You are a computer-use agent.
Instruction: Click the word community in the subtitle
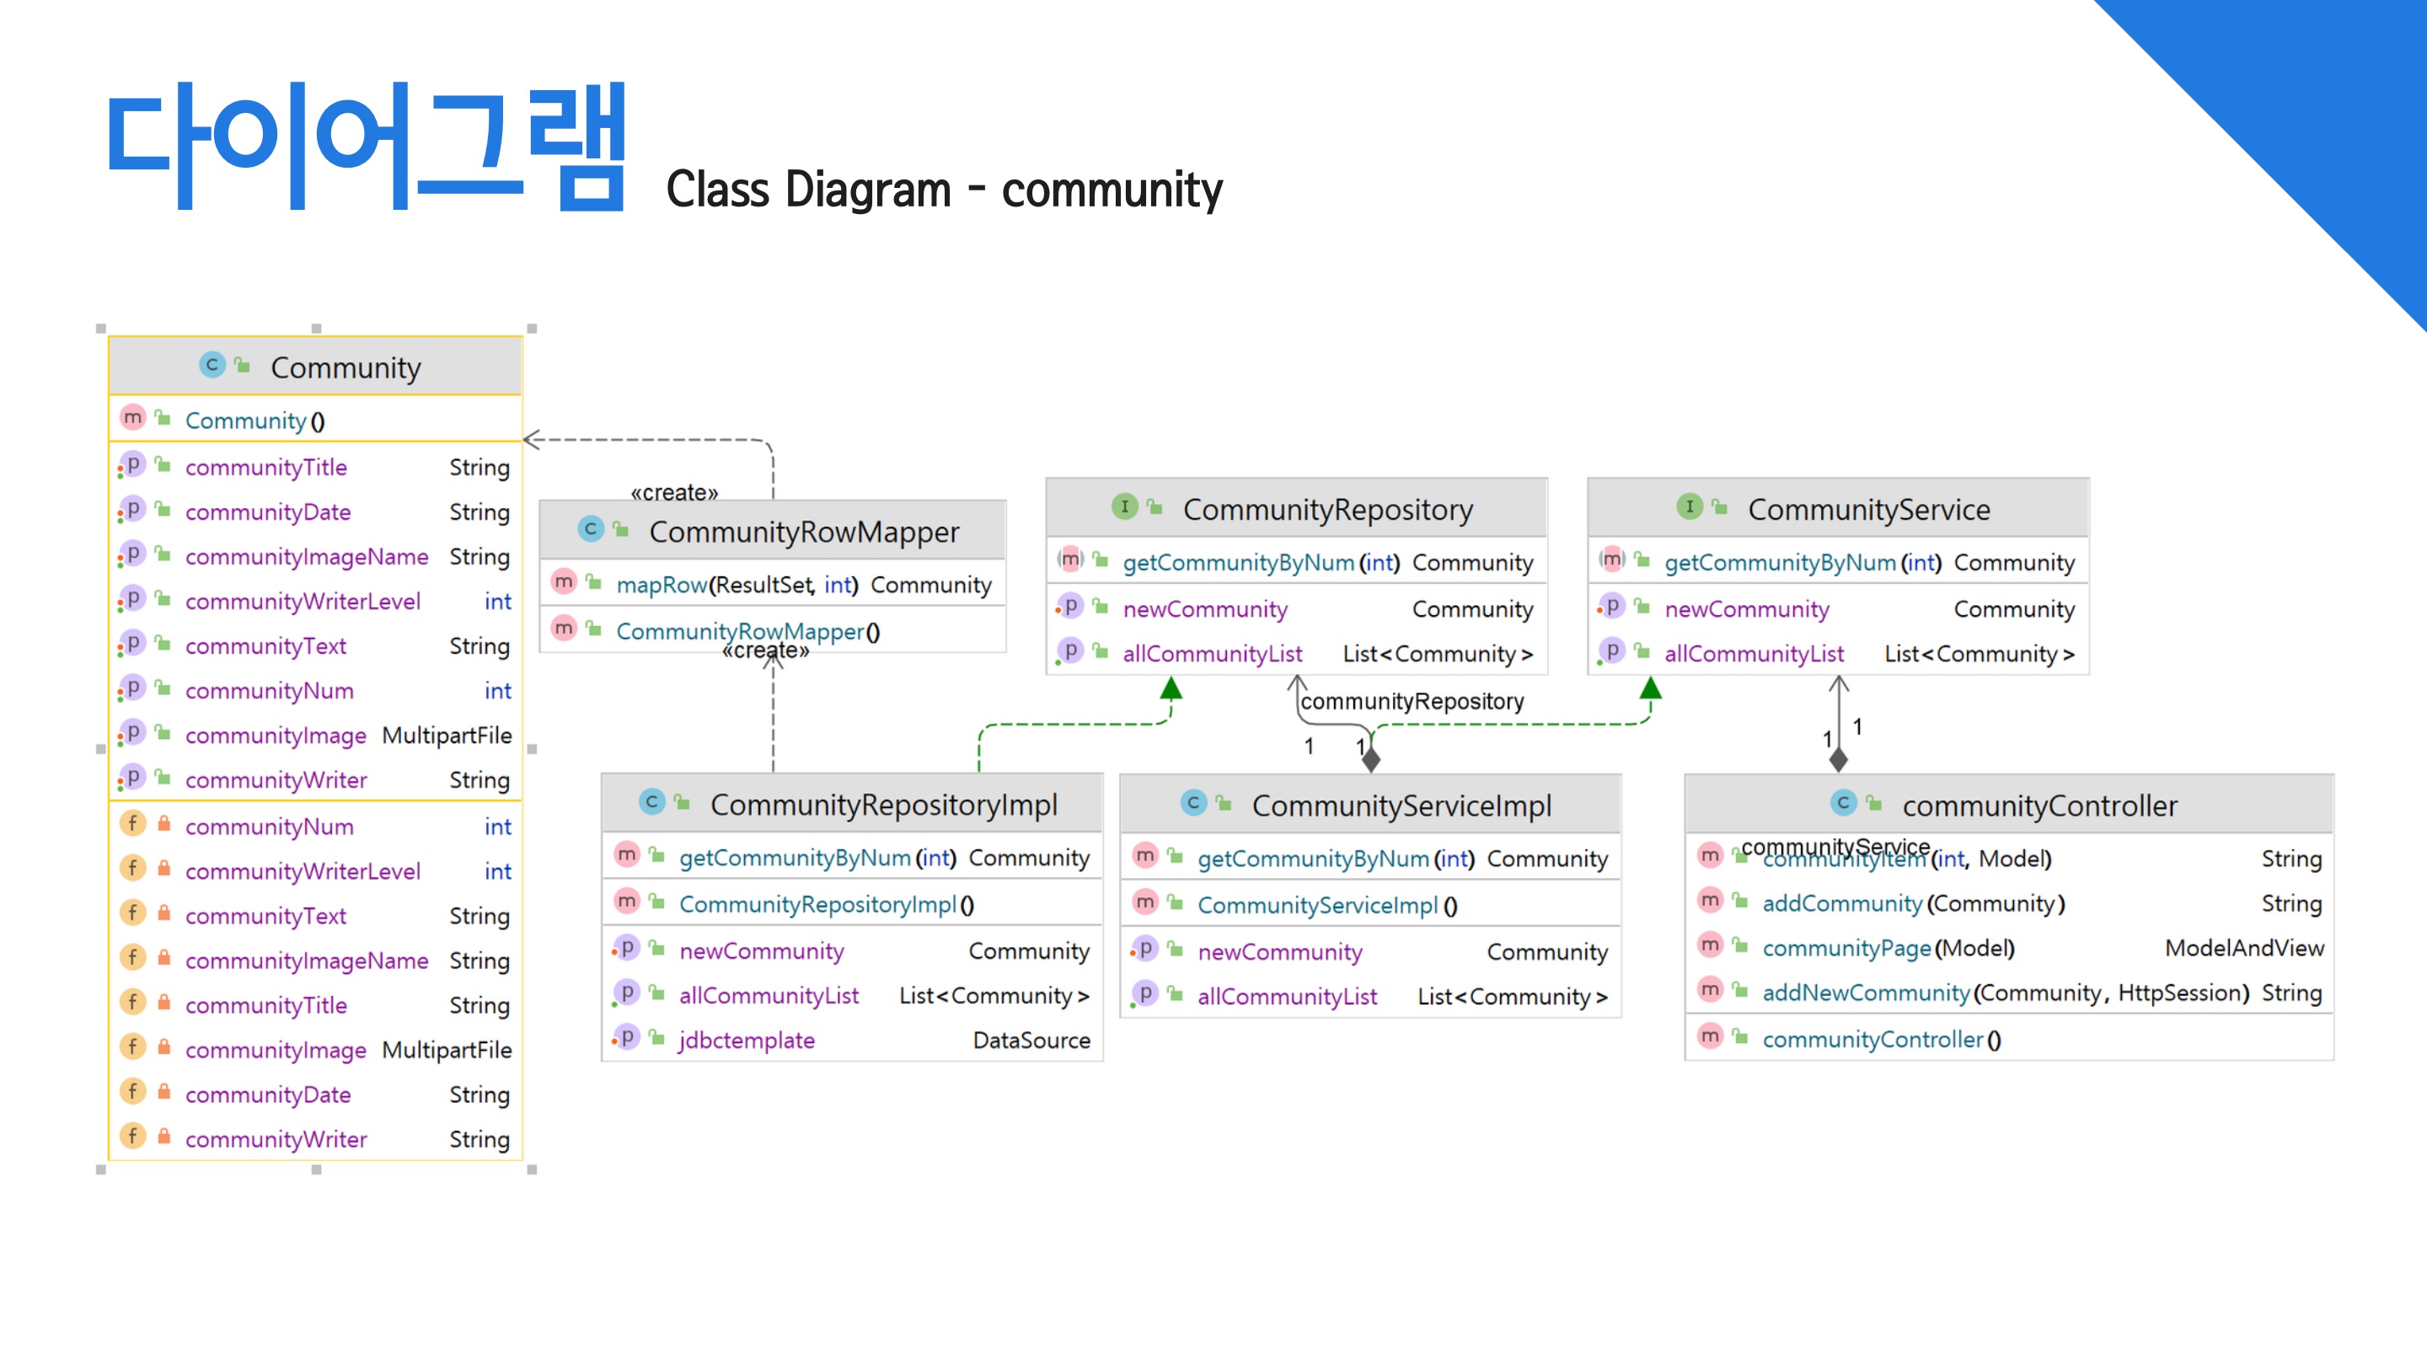(1112, 190)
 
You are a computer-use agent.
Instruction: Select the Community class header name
(346, 367)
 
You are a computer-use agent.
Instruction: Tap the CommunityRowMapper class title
(804, 533)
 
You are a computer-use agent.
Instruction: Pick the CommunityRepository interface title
(1327, 510)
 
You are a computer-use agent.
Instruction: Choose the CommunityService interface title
(1868, 510)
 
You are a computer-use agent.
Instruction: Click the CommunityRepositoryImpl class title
(884, 806)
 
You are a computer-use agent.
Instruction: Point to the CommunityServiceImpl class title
(1401, 806)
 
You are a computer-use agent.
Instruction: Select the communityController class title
(2039, 806)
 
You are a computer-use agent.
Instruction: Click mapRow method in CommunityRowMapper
(662, 585)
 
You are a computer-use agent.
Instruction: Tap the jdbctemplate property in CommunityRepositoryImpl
(746, 1041)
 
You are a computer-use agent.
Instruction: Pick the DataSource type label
(1031, 1041)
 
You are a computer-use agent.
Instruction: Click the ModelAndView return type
(2243, 949)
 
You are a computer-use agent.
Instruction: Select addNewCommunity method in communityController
(1866, 993)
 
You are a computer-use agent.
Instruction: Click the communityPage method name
(1846, 949)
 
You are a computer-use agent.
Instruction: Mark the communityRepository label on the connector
(1412, 702)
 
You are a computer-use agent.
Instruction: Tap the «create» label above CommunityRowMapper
(673, 493)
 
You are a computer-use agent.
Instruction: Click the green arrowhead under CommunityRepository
(1171, 688)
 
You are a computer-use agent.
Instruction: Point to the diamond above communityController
(1838, 758)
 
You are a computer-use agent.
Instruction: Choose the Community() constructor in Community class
(254, 421)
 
